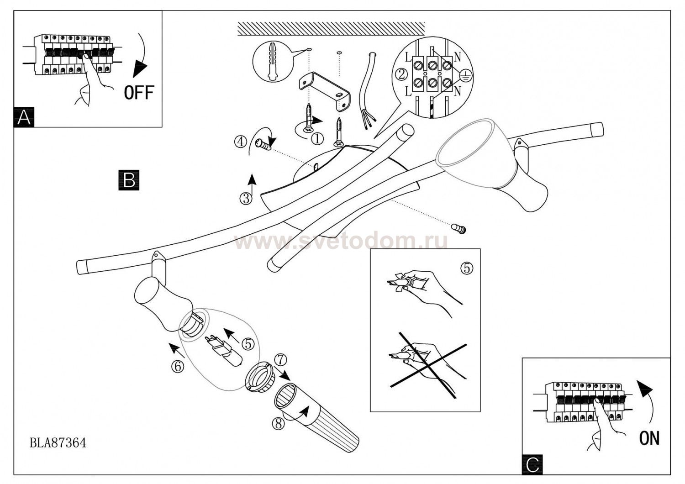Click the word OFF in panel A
(x=139, y=92)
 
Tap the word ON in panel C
(x=649, y=438)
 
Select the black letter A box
(x=24, y=117)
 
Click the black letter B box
(x=129, y=180)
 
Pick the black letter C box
(x=532, y=464)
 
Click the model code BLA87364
(x=58, y=442)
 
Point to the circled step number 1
(x=317, y=139)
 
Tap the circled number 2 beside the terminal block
(x=401, y=74)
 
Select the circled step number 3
(x=246, y=199)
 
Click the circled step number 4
(x=240, y=142)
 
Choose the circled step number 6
(x=178, y=366)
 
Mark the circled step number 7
(x=280, y=360)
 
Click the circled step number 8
(x=278, y=423)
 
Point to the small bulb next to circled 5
(x=226, y=351)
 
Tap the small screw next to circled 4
(x=263, y=144)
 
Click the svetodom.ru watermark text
(x=341, y=242)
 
